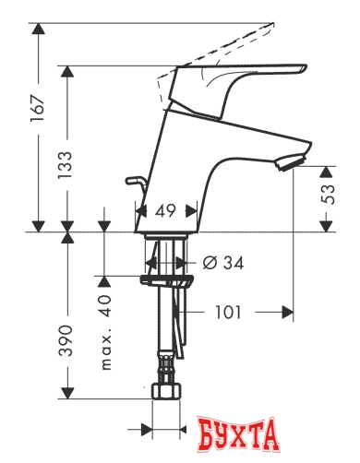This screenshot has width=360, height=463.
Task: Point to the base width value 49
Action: point(165,211)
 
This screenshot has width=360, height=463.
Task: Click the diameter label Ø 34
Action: point(222,264)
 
